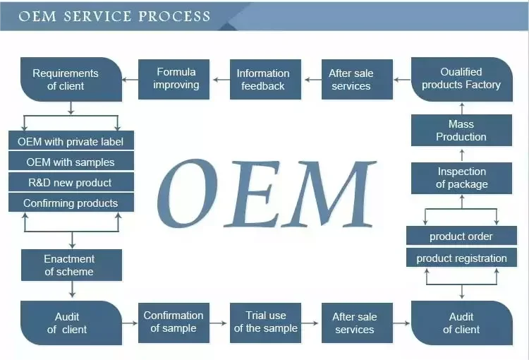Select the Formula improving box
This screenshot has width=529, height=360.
click(x=177, y=78)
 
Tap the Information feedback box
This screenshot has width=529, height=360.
click(x=262, y=79)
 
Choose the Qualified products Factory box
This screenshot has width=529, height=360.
click(x=461, y=78)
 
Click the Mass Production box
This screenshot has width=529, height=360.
click(x=461, y=131)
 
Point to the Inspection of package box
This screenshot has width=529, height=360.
click(x=461, y=178)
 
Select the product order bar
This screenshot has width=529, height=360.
click(x=461, y=236)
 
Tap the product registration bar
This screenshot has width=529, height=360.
click(x=461, y=258)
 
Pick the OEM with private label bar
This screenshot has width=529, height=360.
click(x=71, y=141)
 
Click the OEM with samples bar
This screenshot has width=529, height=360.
click(x=71, y=162)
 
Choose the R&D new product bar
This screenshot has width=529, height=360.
click(x=71, y=182)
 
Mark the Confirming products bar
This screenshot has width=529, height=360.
click(x=71, y=203)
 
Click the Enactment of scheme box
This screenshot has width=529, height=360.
click(x=70, y=265)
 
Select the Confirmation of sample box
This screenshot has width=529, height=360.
click(x=174, y=322)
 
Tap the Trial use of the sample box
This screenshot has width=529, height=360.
click(x=265, y=322)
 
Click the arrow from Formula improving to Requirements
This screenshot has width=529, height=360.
click(x=130, y=80)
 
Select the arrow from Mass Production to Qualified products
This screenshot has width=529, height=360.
click(x=462, y=108)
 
